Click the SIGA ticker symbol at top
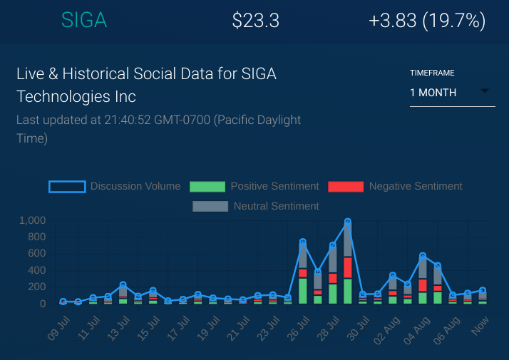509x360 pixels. coord(84,21)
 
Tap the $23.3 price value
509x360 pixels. coord(256,21)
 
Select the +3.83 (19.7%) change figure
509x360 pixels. coord(427,21)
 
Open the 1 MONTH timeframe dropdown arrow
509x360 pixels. coord(485,91)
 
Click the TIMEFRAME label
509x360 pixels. coord(432,73)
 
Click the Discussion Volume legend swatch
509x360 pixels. coord(67,187)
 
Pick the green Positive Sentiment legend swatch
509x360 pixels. coord(207,187)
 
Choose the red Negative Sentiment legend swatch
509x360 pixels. coord(345,187)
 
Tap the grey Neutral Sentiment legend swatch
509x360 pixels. coord(210,206)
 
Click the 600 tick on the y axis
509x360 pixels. coord(37,253)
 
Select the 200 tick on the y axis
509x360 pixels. coord(37,287)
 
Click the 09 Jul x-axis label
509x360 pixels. coord(57,329)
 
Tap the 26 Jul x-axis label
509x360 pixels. coord(297,329)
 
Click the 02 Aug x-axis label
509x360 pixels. coord(386,329)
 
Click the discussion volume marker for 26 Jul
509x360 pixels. coord(303,242)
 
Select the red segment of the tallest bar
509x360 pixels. coord(348,267)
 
